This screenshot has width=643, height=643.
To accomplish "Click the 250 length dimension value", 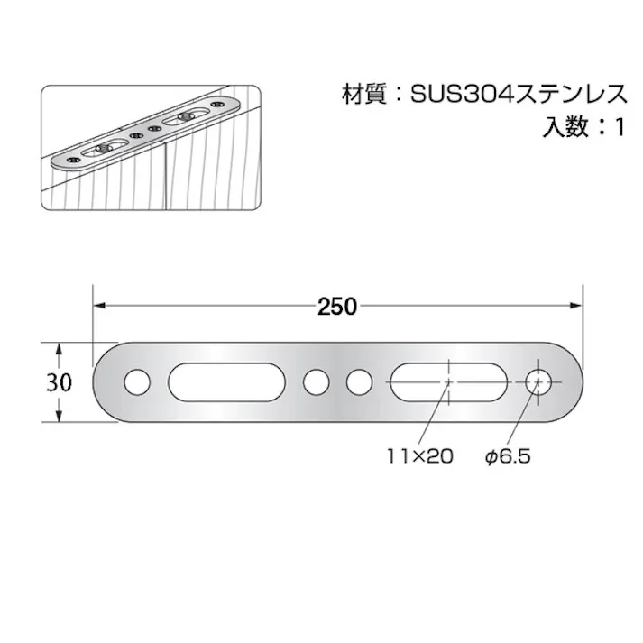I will tap(337, 306).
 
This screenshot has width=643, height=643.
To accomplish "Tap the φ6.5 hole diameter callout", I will tap(508, 456).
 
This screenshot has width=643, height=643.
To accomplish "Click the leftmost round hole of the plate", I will tap(137, 382).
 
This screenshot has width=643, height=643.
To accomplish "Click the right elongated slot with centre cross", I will tap(447, 382).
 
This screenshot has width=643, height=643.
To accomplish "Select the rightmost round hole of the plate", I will tap(540, 382).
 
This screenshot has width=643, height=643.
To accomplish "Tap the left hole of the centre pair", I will tap(316, 382).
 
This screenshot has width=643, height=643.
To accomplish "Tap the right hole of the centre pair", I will tap(360, 382).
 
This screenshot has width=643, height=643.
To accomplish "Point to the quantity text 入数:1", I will tap(583, 127).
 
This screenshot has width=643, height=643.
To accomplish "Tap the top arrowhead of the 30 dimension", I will tap(59, 348).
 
